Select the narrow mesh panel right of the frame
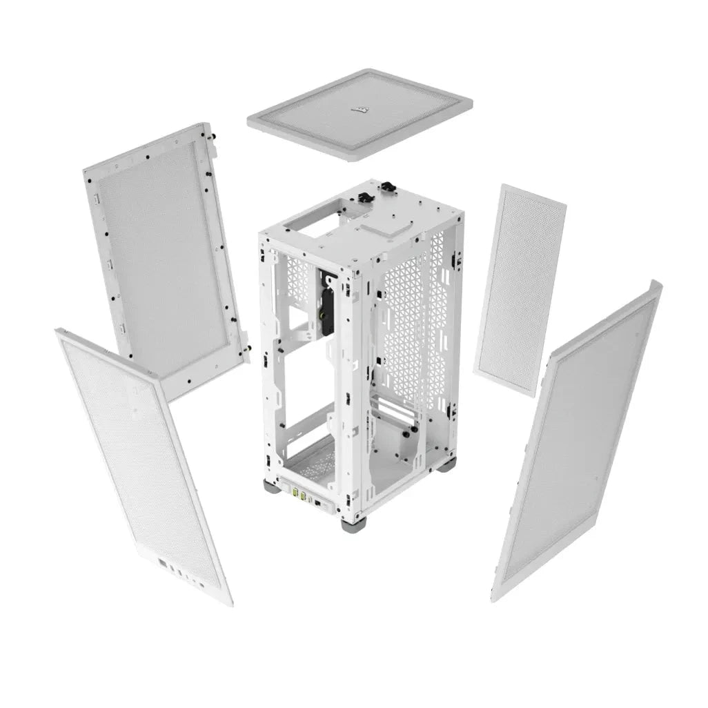(x=519, y=290)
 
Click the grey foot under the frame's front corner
(x=351, y=525)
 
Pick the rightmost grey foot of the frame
(x=447, y=464)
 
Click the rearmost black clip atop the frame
(x=388, y=186)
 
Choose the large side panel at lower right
(x=576, y=442)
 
